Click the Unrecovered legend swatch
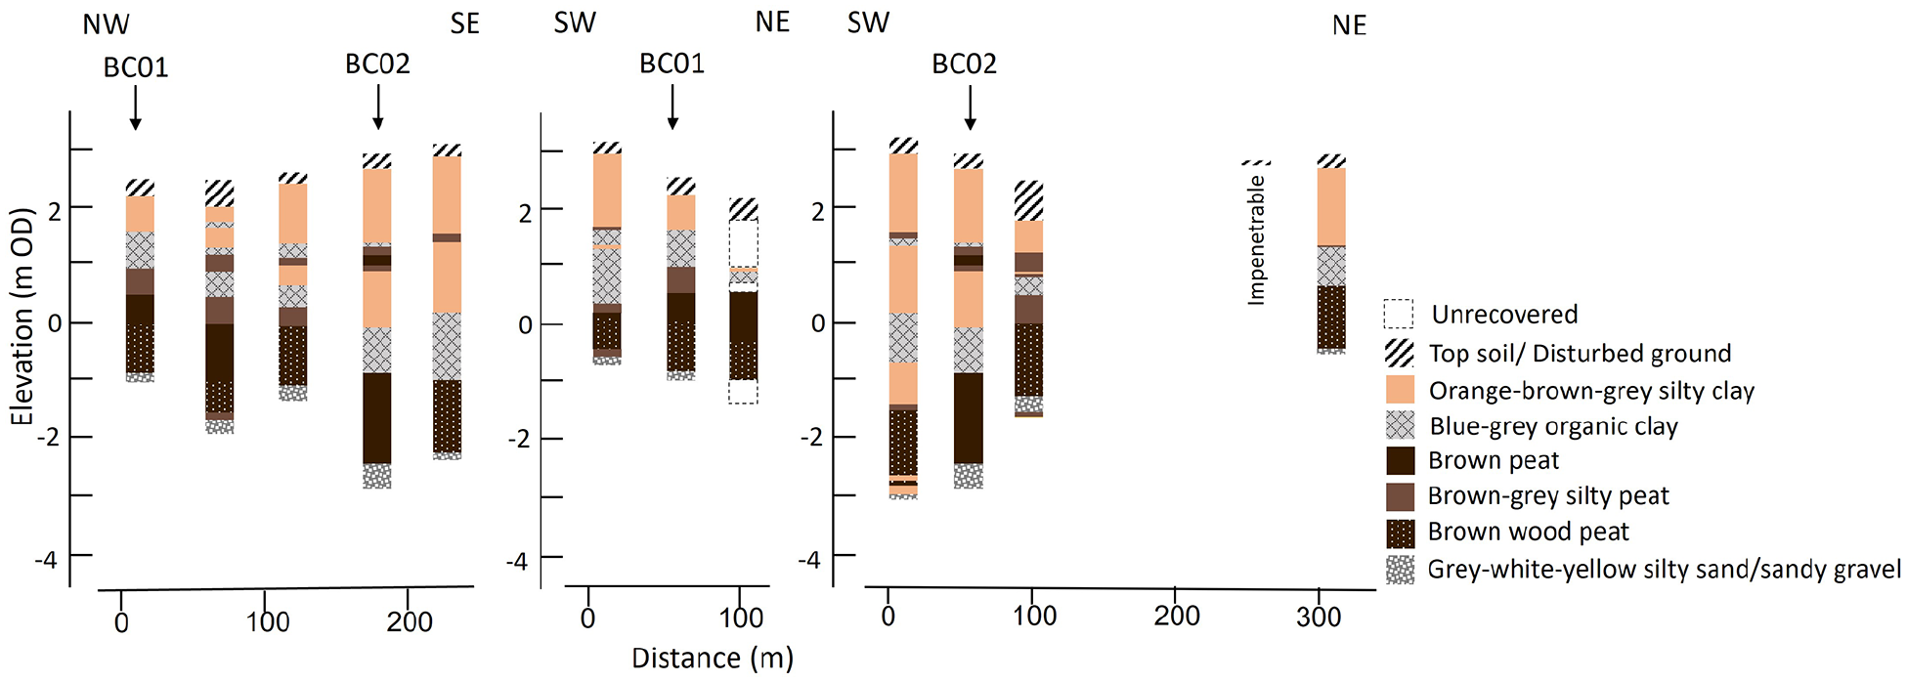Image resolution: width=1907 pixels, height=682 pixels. click(1399, 314)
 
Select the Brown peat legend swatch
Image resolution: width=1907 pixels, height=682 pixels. click(1401, 460)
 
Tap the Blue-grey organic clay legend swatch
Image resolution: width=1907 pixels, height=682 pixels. click(1401, 425)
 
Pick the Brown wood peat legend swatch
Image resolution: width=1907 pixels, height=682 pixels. click(1401, 533)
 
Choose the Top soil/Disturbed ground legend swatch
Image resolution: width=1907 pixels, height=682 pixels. click(1401, 353)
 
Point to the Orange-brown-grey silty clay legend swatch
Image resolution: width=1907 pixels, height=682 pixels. click(1401, 390)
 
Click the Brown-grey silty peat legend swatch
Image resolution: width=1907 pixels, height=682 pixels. click(1401, 496)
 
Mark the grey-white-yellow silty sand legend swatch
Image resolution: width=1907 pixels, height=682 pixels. click(1401, 570)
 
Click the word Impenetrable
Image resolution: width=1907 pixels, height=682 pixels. click(1257, 240)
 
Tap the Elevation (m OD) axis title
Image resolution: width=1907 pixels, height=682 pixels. click(22, 317)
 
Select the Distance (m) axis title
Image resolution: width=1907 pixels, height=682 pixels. click(713, 659)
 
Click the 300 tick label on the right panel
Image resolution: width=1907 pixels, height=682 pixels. click(1319, 617)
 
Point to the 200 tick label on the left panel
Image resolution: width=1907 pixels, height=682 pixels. click(410, 621)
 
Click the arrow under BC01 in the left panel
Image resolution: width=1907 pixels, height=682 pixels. click(136, 107)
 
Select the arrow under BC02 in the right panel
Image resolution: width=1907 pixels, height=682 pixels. click(970, 107)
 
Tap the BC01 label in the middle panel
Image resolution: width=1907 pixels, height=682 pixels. click(672, 64)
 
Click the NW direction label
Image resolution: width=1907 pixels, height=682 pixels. click(106, 24)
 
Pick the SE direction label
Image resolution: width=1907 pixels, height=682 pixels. click(465, 23)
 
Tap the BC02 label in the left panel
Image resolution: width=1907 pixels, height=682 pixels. click(377, 64)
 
